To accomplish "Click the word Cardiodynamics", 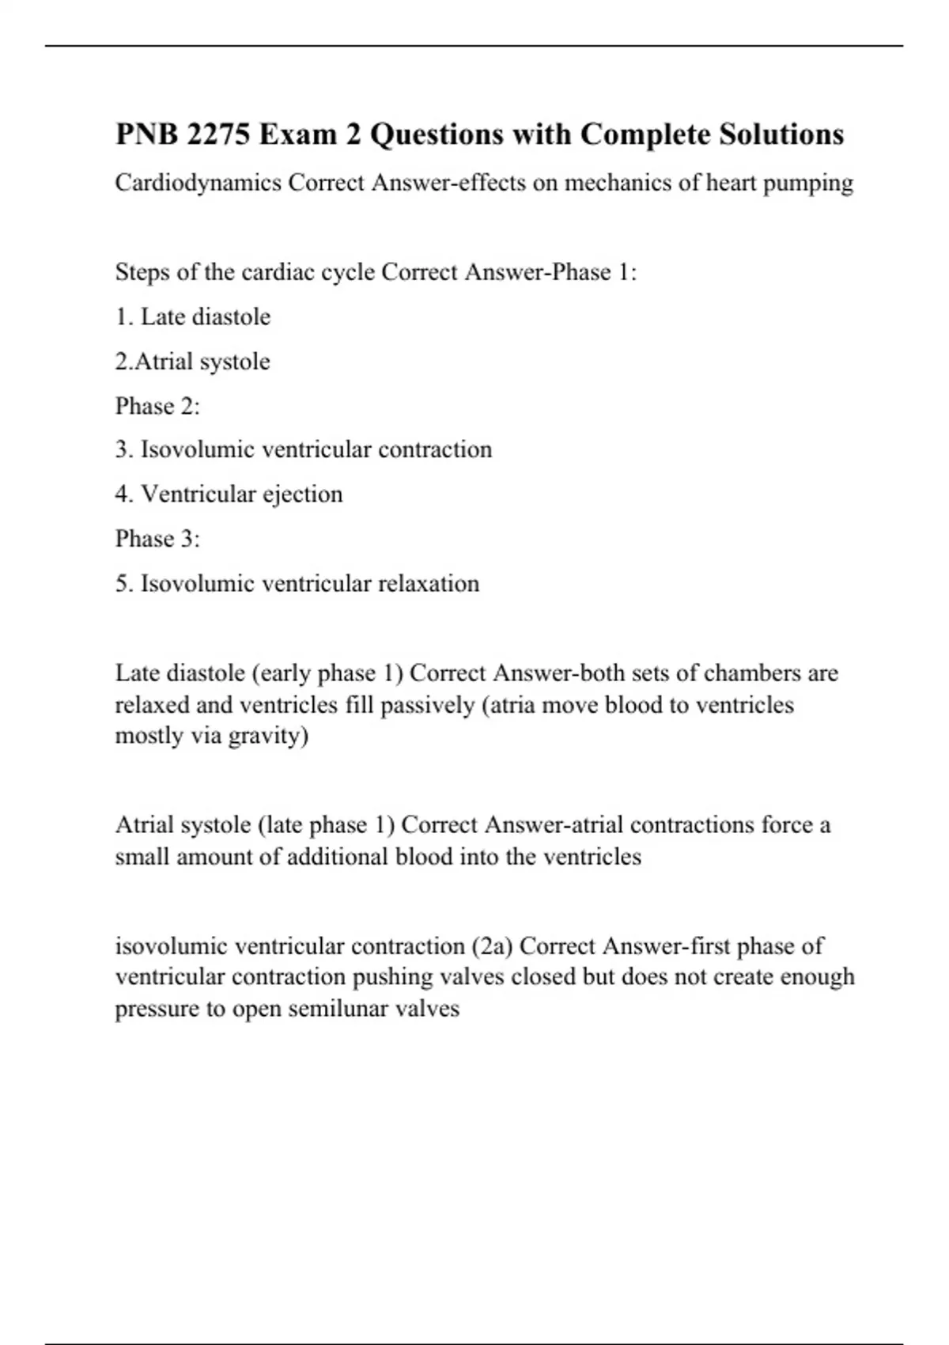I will [x=198, y=183].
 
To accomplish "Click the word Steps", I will [x=142, y=272].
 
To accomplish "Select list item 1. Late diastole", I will [x=193, y=316].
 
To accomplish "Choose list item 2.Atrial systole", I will [x=193, y=362].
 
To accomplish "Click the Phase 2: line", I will [x=157, y=406].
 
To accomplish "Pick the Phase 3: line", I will [x=157, y=539].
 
